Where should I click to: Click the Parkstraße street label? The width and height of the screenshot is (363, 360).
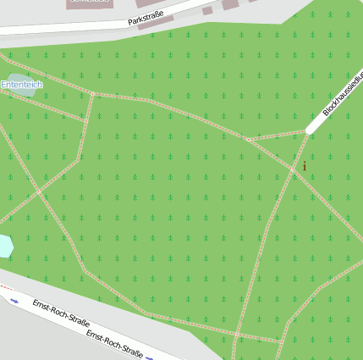tap(146, 19)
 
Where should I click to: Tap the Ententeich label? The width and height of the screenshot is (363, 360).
tap(21, 85)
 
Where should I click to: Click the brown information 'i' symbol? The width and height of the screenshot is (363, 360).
tap(305, 166)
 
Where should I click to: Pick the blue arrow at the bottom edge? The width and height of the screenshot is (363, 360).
tap(149, 357)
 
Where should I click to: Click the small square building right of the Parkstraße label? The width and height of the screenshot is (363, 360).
tap(208, 10)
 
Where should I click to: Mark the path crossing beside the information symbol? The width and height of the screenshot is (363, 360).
tap(294, 169)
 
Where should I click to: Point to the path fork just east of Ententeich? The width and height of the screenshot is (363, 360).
tap(93, 93)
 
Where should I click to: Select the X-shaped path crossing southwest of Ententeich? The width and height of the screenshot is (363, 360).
tap(39, 191)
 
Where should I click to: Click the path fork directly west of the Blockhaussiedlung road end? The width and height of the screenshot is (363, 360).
tap(246, 140)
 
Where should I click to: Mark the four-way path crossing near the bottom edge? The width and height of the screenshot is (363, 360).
tap(235, 335)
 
